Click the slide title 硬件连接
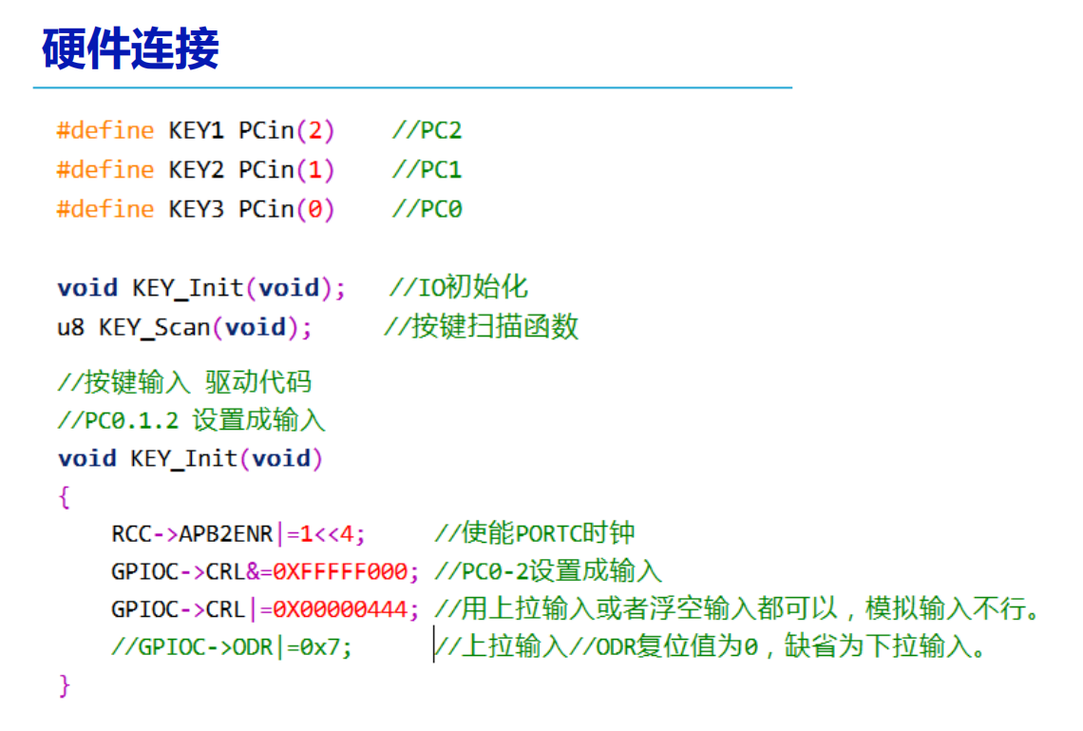(130, 48)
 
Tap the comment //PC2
(427, 130)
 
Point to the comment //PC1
(427, 170)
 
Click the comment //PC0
(427, 209)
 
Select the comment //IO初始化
(459, 287)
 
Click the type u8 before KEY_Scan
(70, 327)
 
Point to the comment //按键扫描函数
(482, 327)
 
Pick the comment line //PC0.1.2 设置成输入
(191, 419)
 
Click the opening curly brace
(64, 496)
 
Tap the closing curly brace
(64, 684)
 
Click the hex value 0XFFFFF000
(340, 572)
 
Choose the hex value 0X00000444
(340, 609)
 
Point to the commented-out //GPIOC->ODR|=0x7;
(231, 647)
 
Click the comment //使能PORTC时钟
(534, 534)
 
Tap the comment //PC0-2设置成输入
(547, 572)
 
